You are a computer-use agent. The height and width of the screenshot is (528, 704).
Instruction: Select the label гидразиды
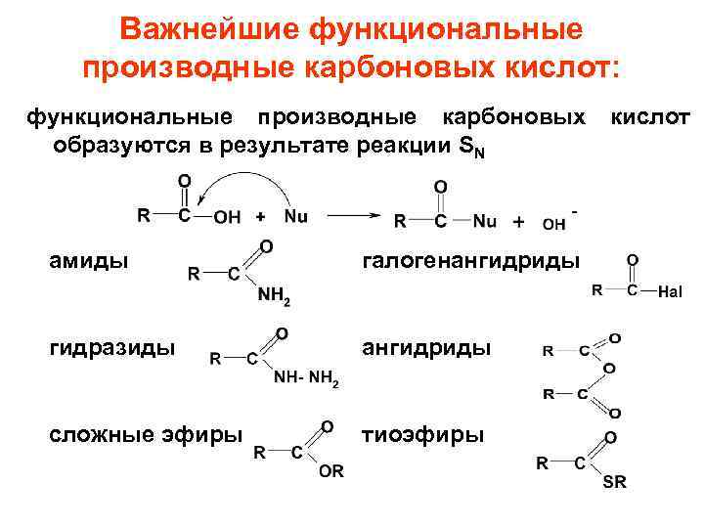coord(113,347)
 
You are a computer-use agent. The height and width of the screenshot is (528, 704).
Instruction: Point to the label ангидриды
coord(426,347)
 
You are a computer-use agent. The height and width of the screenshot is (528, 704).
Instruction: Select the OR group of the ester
coord(331,470)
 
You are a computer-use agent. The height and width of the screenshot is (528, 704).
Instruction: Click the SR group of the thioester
coord(615,482)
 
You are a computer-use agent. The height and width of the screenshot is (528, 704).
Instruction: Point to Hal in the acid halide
coord(670,291)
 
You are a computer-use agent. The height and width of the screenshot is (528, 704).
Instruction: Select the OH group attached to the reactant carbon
coord(227,217)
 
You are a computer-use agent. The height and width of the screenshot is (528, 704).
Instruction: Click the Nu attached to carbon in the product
coord(484,222)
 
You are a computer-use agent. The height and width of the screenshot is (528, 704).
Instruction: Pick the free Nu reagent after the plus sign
coord(295,215)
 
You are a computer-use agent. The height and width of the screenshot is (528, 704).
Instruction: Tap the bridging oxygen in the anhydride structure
coord(609,368)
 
